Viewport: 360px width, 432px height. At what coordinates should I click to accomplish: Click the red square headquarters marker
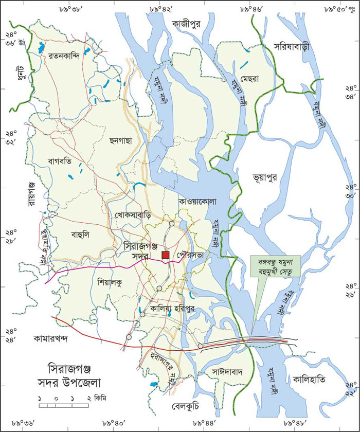165,255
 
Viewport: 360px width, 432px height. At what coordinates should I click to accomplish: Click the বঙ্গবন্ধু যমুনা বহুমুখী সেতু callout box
273,266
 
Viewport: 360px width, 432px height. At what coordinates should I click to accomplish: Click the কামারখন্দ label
55,339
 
